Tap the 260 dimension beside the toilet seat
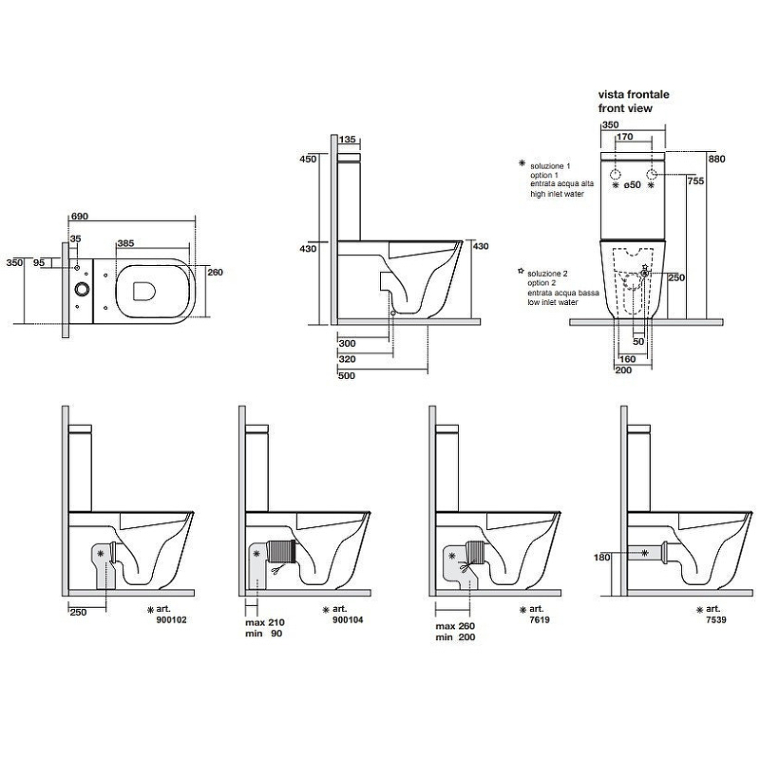214,273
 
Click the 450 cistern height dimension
307,160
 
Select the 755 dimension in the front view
696,181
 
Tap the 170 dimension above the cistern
624,137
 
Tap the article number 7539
731,619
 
